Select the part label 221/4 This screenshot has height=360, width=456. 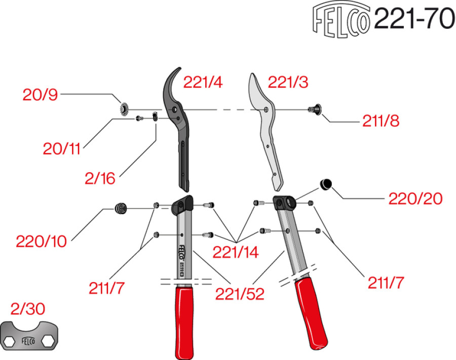coord(203,83)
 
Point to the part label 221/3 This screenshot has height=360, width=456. coord(288,82)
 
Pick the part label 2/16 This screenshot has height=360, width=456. coord(100,178)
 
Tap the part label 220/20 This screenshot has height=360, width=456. coord(415,198)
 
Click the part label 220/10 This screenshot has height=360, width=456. coord(41,242)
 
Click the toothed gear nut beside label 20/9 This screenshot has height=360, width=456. coord(122,108)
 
